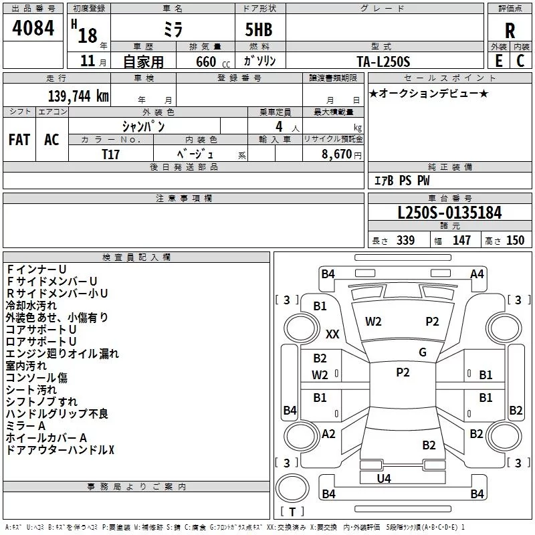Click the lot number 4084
33,28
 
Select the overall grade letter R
510,31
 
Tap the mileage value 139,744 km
78,96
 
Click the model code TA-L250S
383,62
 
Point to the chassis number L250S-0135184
449,213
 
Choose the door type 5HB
259,29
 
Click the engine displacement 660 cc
213,62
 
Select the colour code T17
110,154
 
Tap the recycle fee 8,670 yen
342,154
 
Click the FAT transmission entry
19,140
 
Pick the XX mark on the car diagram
332,334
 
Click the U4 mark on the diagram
384,479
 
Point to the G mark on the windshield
423,352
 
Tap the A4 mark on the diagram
477,274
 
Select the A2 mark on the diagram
328,434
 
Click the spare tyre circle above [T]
292,488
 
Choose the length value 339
405,240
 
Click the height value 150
515,240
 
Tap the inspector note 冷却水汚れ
31,306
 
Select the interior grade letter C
520,61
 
